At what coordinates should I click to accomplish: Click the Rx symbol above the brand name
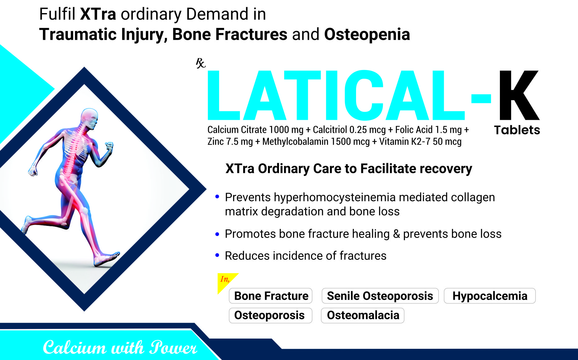pyautogui.click(x=200, y=63)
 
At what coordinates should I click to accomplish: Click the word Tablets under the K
pyautogui.click(x=517, y=130)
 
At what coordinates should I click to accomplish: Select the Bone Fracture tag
pyautogui.click(x=271, y=296)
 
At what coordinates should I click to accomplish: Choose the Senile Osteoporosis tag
pyautogui.click(x=380, y=296)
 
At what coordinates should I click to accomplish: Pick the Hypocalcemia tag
pyautogui.click(x=490, y=296)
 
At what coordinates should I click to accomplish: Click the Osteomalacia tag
pyautogui.click(x=363, y=315)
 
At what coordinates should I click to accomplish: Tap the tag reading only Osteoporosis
pyautogui.click(x=270, y=315)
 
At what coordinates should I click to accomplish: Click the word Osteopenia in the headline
pyautogui.click(x=367, y=34)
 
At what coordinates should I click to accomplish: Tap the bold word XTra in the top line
pyautogui.click(x=98, y=14)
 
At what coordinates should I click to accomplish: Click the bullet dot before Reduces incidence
pyautogui.click(x=217, y=255)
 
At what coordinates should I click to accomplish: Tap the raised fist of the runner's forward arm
pyautogui.click(x=109, y=146)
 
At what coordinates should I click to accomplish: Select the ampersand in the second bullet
pyautogui.click(x=396, y=234)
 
